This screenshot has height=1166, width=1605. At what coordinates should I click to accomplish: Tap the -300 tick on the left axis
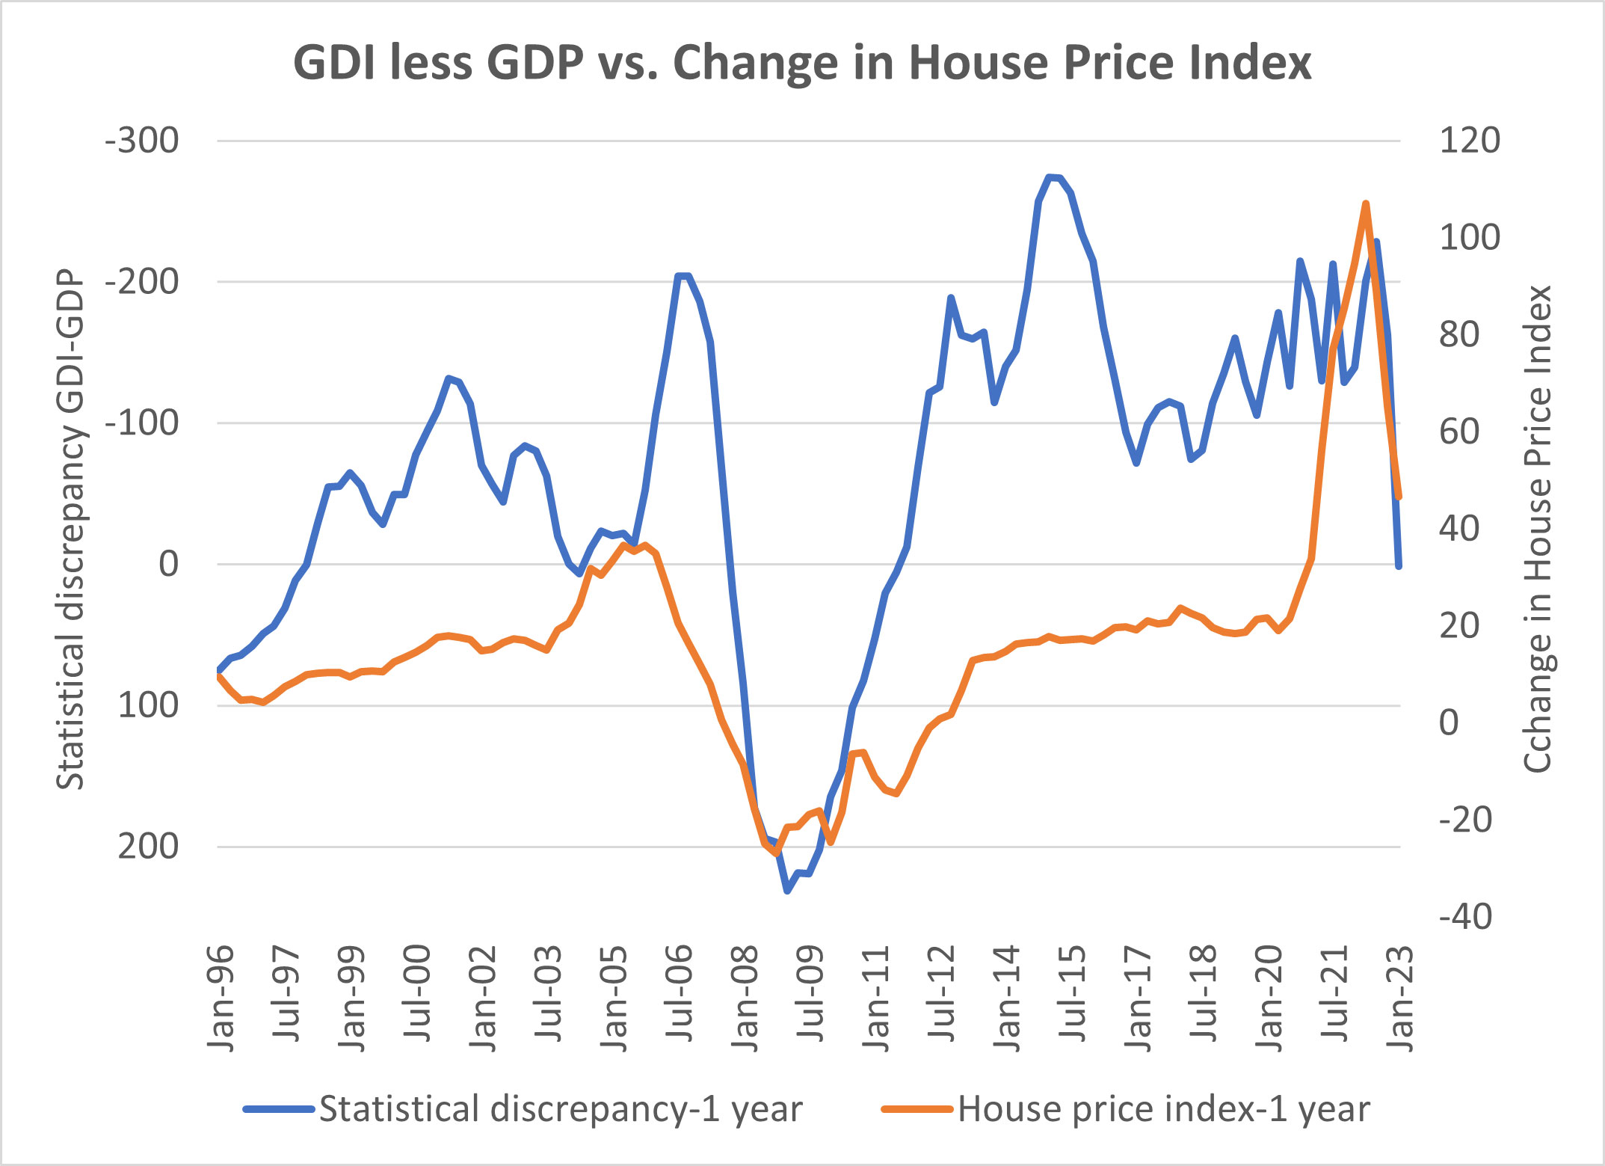coord(142,141)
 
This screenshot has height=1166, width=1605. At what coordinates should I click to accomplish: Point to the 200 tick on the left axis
coord(149,847)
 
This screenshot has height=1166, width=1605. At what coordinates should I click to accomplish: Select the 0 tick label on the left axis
coord(169,564)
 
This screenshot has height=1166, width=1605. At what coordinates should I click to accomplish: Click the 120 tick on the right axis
coord(1469,141)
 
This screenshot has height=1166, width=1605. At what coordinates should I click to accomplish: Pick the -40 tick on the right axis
coord(1465,916)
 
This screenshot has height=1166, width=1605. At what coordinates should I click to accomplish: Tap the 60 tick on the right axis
coord(1459,432)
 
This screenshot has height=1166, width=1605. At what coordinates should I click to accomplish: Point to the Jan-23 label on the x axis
coord(1400,998)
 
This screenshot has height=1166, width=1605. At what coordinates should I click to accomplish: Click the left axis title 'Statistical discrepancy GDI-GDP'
coord(70,530)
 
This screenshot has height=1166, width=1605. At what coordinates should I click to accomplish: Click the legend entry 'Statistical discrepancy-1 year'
coord(561,1108)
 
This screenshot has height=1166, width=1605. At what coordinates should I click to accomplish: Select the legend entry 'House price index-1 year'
coord(1164,1108)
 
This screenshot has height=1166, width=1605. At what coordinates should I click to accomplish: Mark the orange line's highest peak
coord(1366,203)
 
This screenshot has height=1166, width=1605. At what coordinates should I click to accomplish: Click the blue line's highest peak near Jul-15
coord(1050,177)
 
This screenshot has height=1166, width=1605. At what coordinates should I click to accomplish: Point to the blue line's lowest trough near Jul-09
coord(787,891)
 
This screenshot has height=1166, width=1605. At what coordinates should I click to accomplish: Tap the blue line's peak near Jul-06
coord(682,275)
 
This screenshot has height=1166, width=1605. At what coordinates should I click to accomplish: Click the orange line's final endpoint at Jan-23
coord(1399,497)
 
